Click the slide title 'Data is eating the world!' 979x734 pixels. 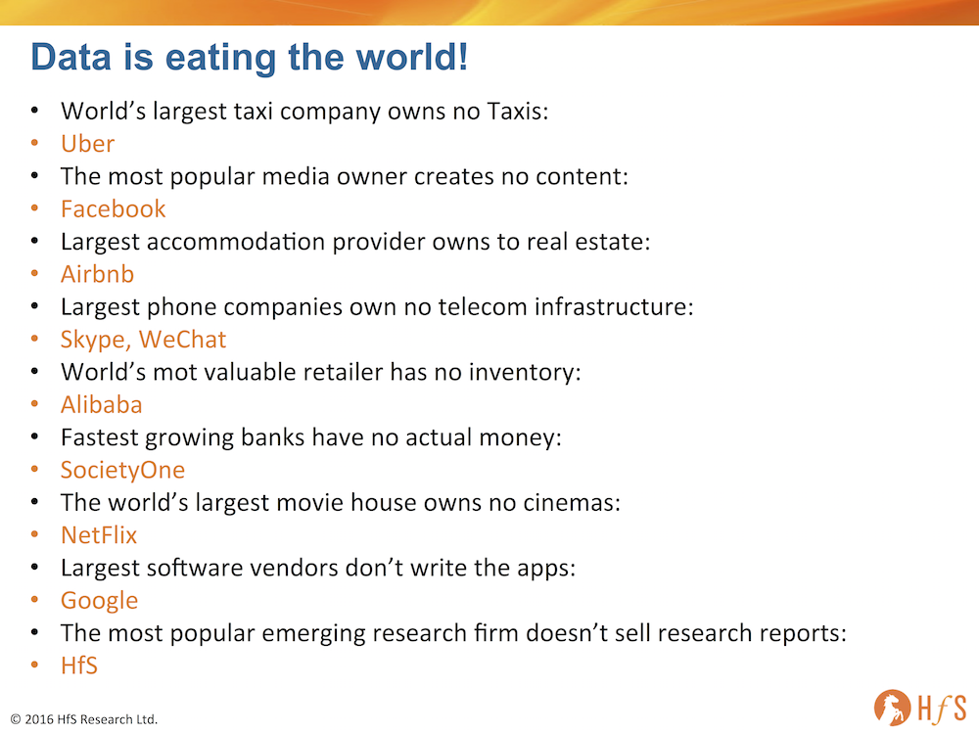(249, 58)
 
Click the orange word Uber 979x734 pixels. (87, 144)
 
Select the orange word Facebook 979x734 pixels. (113, 209)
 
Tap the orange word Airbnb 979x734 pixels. (97, 274)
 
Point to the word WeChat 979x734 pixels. (182, 340)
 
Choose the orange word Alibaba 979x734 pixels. (101, 404)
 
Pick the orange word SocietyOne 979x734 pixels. (122, 471)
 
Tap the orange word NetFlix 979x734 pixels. (99, 535)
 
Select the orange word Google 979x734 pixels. (99, 601)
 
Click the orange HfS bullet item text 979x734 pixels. (79, 665)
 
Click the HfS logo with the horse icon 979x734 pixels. (920, 708)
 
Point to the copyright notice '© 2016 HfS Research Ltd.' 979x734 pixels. (84, 719)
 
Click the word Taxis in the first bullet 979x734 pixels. (518, 112)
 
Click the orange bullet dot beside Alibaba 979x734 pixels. (35, 404)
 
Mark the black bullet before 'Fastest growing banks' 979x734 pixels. (35, 436)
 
